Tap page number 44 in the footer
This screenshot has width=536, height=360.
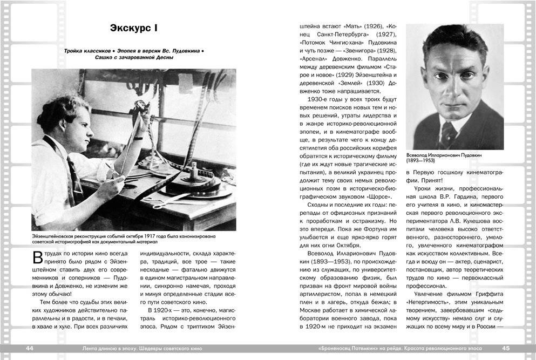pos(30,349)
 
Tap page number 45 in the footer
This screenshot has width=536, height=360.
pos(505,349)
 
